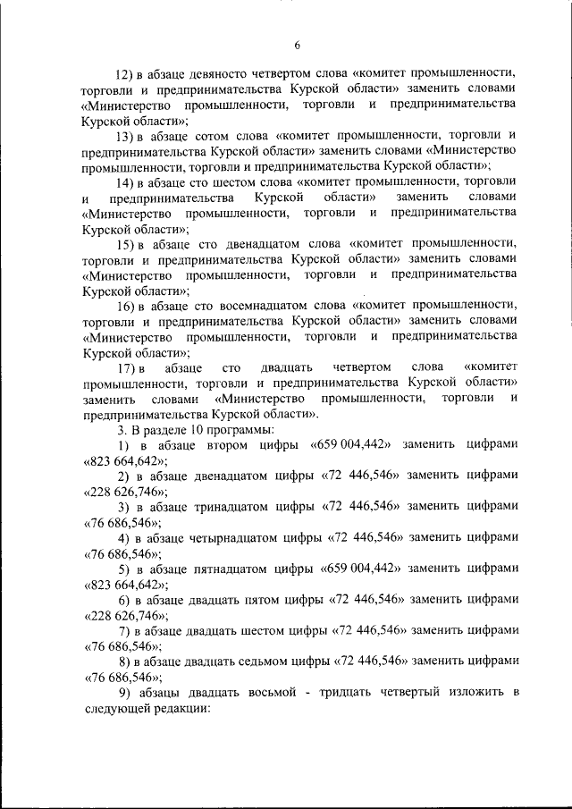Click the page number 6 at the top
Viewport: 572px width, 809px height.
point(297,46)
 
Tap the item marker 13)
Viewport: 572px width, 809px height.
point(129,135)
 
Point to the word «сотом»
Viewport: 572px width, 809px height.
point(208,135)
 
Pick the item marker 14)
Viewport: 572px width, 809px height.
point(129,181)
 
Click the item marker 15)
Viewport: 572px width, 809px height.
point(129,242)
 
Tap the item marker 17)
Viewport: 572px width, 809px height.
point(129,367)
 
